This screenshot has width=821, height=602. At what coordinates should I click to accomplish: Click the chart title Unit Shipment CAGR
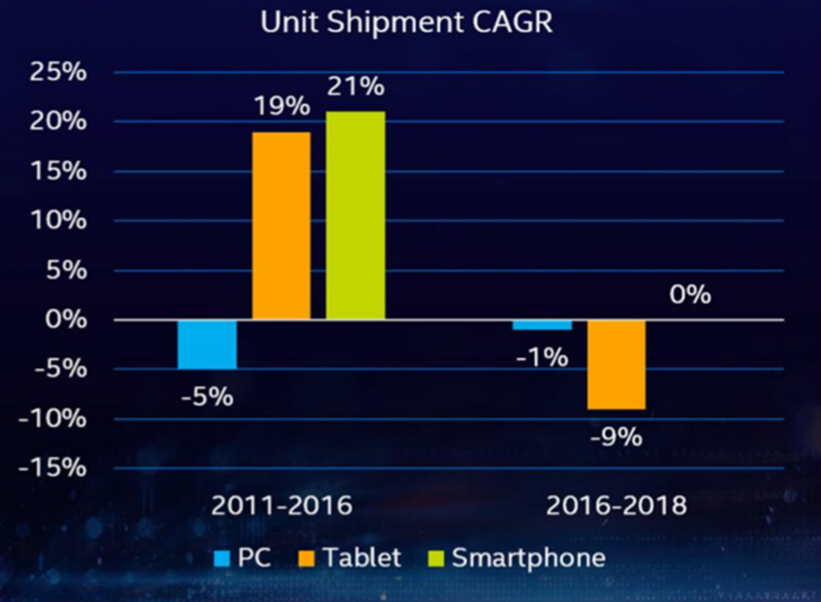pyautogui.click(x=406, y=23)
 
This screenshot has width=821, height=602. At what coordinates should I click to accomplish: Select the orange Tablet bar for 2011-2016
pyautogui.click(x=281, y=226)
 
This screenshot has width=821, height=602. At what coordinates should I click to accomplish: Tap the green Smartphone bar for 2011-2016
pyautogui.click(x=355, y=215)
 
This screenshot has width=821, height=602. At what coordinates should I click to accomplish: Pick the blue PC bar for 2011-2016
pyautogui.click(x=207, y=344)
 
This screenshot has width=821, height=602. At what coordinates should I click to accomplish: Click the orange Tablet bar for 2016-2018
pyautogui.click(x=617, y=364)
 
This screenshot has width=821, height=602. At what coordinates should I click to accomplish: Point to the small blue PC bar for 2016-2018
pyautogui.click(x=543, y=324)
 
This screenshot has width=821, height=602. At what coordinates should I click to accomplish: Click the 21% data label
pyautogui.click(x=355, y=86)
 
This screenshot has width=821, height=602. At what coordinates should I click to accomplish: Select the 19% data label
pyautogui.click(x=281, y=105)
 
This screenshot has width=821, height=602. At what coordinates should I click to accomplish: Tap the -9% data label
pyautogui.click(x=617, y=438)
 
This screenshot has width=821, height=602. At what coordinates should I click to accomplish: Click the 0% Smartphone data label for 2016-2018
pyautogui.click(x=689, y=295)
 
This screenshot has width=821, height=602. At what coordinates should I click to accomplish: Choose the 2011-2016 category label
pyautogui.click(x=281, y=505)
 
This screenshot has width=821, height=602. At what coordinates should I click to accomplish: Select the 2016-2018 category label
pyautogui.click(x=616, y=505)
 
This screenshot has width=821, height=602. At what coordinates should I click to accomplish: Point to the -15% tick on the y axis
pyautogui.click(x=53, y=468)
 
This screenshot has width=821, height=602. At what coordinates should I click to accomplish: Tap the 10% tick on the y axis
pyautogui.click(x=59, y=221)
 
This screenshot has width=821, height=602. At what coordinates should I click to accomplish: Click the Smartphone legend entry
pyautogui.click(x=528, y=557)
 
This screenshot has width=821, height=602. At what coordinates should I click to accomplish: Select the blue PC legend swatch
pyautogui.click(x=223, y=558)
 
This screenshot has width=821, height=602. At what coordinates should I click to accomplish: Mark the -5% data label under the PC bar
pyautogui.click(x=207, y=396)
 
